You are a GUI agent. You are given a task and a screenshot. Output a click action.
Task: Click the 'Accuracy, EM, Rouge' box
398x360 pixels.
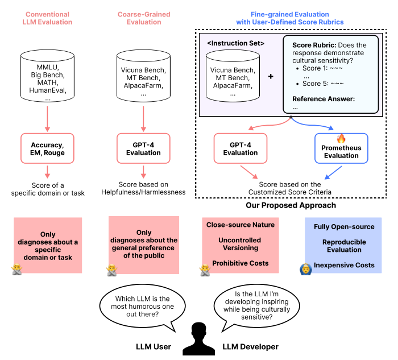pos(47,148)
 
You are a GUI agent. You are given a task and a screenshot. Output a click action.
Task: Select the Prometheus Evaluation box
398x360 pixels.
pos(341,148)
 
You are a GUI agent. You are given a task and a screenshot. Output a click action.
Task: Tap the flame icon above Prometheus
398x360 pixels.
pos(341,138)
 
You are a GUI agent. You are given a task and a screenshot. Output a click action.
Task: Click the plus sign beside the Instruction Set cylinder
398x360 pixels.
pos(271,76)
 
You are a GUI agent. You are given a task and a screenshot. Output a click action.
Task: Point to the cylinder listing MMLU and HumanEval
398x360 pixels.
pos(47,76)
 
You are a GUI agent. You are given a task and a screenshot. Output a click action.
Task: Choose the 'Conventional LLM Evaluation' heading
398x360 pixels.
pos(47,18)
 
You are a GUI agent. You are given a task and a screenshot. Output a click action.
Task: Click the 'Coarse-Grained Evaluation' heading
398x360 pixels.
pos(144,18)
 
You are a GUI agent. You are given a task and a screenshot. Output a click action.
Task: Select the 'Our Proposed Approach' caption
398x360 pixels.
pos(291,205)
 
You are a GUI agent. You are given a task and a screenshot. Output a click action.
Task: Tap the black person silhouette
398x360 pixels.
pos(199,339)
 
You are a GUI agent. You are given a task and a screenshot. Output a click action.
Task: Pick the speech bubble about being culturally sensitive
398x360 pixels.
pos(256,305)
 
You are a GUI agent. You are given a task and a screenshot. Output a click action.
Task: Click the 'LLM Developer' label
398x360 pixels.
pos(251,347)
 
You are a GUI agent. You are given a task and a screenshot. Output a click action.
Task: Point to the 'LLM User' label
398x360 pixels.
pos(154,347)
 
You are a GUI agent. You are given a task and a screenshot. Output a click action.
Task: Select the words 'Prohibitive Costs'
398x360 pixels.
pos(241,263)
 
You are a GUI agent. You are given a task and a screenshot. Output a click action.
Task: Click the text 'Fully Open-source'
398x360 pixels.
pos(344,227)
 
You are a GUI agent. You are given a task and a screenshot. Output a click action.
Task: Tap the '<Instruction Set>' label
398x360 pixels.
pos(235,43)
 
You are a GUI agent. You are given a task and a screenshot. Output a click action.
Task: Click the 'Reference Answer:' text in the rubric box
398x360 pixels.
pos(324,99)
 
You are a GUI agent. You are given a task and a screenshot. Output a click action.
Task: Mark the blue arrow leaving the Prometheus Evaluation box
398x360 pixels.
pos(333,173)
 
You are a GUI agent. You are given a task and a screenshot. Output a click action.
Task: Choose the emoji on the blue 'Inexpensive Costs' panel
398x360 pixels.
pos(306,270)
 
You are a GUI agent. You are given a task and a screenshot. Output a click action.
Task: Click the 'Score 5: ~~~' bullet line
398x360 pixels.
pos(320,84)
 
